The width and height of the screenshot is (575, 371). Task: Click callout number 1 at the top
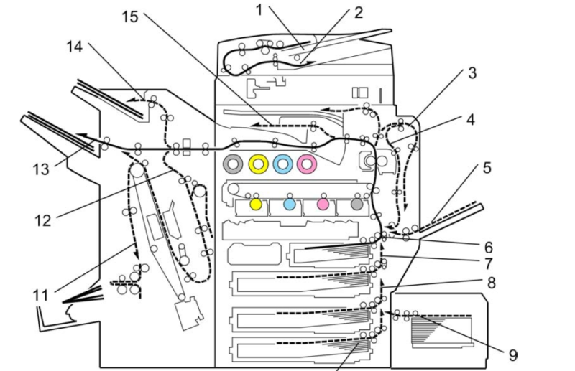tap(259, 10)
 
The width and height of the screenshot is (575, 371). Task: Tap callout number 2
tap(358, 12)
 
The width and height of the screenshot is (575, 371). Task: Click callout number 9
tap(512, 354)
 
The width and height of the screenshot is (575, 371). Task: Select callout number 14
tap(75, 47)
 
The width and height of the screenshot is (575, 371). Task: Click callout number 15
tap(129, 16)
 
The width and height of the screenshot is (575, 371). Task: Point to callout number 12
tap(44, 220)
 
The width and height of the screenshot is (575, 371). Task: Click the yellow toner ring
tap(258, 164)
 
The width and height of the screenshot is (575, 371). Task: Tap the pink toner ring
tap(307, 164)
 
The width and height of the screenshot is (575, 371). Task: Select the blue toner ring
tap(282, 164)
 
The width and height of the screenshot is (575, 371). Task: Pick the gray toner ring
tap(234, 164)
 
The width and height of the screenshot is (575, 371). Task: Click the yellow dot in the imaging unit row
tap(255, 204)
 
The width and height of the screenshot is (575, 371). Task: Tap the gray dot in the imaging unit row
tap(356, 204)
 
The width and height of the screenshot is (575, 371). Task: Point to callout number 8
tap(491, 283)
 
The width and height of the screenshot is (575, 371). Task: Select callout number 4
tap(470, 119)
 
